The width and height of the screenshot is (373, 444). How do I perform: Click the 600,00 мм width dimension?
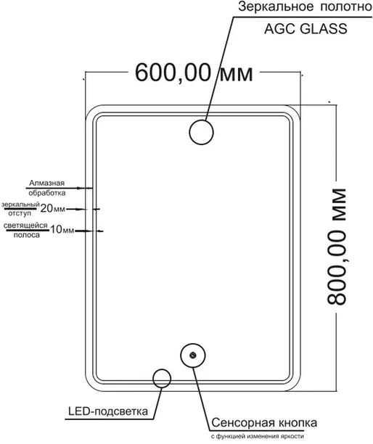[x=194, y=73]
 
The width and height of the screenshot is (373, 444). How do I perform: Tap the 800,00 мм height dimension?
[x=337, y=247]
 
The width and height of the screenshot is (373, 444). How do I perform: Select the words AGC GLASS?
[x=306, y=29]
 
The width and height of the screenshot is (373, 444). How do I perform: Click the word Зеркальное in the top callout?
[x=276, y=7]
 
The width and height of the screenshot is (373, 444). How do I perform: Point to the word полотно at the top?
[x=346, y=7]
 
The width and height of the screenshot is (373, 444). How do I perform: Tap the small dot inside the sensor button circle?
[x=193, y=355]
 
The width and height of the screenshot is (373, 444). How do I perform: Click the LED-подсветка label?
[x=108, y=411]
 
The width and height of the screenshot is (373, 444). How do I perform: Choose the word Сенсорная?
[x=243, y=423]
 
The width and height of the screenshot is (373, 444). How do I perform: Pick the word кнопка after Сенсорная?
[x=298, y=423]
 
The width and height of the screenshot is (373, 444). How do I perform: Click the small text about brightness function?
[x=257, y=437]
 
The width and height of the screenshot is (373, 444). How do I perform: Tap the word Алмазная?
[x=46, y=183]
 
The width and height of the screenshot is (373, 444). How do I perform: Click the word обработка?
[x=47, y=193]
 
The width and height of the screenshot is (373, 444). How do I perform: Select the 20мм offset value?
[x=53, y=209]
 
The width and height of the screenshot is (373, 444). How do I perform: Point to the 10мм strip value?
[x=62, y=230]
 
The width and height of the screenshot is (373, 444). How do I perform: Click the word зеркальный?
[x=20, y=205]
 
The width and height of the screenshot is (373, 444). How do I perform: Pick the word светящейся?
[x=25, y=226]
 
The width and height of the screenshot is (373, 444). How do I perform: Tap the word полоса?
[x=27, y=235]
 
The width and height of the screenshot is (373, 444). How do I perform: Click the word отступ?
[x=20, y=213]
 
